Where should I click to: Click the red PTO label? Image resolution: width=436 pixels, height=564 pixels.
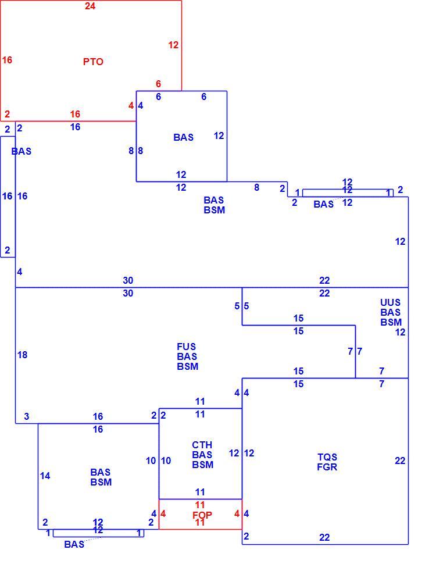93,62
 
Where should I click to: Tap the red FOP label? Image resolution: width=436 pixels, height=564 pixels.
202,515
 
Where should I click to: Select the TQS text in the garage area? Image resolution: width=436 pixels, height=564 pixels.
327,457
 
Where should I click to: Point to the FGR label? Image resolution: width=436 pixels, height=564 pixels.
327,467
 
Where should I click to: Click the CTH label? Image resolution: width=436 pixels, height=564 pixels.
202,445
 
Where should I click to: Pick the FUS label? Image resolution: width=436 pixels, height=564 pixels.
187,347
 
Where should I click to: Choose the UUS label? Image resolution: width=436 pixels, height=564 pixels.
390,302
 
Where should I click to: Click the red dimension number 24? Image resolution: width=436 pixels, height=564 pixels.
90,6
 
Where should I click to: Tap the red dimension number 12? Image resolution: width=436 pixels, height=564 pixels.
173,45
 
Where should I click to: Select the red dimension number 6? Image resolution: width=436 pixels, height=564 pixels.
158,84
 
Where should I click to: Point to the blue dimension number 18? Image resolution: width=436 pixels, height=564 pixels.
22,355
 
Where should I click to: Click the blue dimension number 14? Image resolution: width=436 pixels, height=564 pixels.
45,476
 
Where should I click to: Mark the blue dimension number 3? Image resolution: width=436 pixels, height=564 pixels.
27,416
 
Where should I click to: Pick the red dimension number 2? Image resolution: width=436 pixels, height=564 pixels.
7,115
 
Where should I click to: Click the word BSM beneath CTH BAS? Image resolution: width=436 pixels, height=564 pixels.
202,465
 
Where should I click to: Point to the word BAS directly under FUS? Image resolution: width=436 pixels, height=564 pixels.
187,356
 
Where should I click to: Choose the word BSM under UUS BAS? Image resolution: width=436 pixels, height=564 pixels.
391,322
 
